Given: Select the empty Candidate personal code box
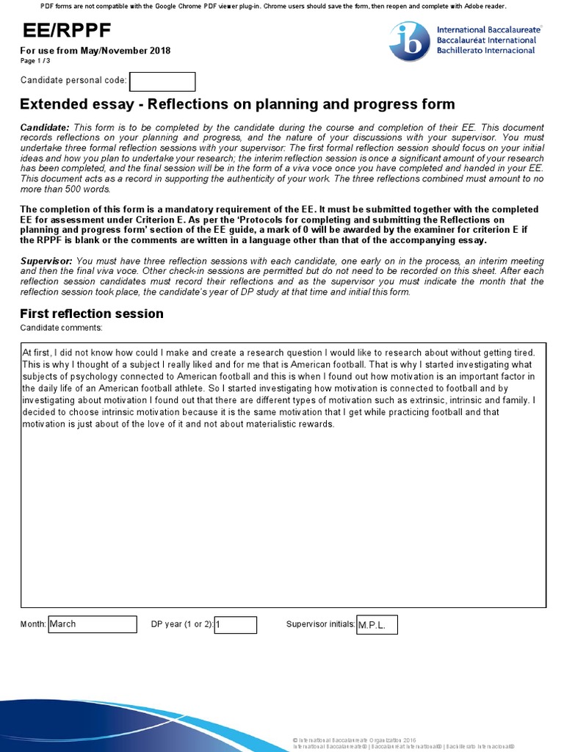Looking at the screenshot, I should pos(162,82).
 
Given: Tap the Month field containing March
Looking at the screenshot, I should pos(93,624).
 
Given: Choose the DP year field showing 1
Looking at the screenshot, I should pos(236,625).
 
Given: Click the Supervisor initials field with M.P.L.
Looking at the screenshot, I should pos(376,625).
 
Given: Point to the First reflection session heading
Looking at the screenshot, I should pos(92,314).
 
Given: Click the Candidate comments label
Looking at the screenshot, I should pos(62,328).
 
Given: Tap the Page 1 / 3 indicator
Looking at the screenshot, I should pos(35,61).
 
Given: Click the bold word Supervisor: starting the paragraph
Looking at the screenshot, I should pos(46,261).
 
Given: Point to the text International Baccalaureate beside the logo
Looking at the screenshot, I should pos(485,29).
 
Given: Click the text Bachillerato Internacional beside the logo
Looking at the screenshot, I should pos(485,50).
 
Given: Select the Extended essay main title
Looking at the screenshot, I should pos(237,104).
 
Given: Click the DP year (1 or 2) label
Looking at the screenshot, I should pos(181,624).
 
